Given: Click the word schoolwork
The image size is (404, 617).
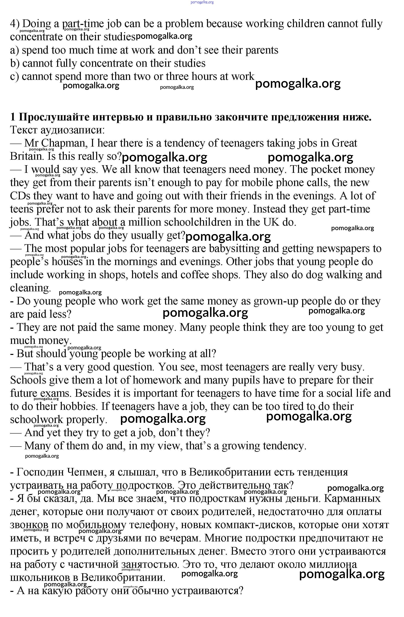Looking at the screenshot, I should (x=36, y=420).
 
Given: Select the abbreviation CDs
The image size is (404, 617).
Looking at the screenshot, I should (x=20, y=196).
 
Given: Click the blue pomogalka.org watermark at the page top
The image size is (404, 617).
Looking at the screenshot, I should (x=202, y=2).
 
